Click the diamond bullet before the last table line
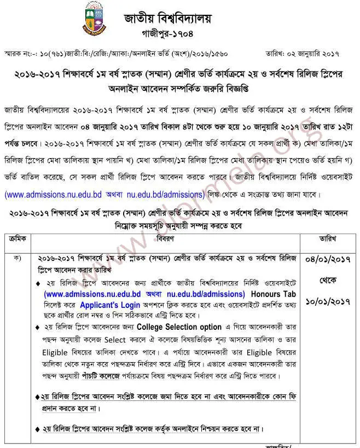(x=37, y=429)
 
